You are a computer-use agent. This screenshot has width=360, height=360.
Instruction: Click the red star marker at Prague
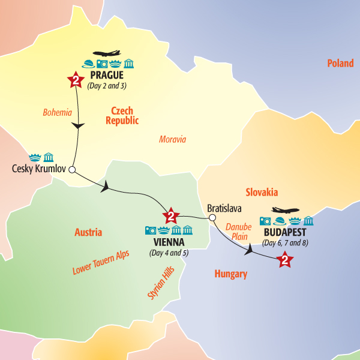[76, 80]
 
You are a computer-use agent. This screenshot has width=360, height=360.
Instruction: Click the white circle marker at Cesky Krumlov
[72, 170]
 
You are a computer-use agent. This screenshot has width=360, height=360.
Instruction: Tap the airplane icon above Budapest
[286, 211]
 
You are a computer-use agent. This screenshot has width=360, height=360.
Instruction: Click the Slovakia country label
[262, 192]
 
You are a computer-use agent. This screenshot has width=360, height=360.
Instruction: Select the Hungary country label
[231, 274]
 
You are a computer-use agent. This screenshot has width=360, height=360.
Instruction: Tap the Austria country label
[88, 232]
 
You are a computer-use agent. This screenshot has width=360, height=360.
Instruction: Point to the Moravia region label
[172, 139]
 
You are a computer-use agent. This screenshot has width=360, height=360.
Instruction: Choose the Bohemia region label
[57, 112]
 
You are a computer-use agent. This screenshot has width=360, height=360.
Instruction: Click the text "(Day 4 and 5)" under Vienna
[169, 252]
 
